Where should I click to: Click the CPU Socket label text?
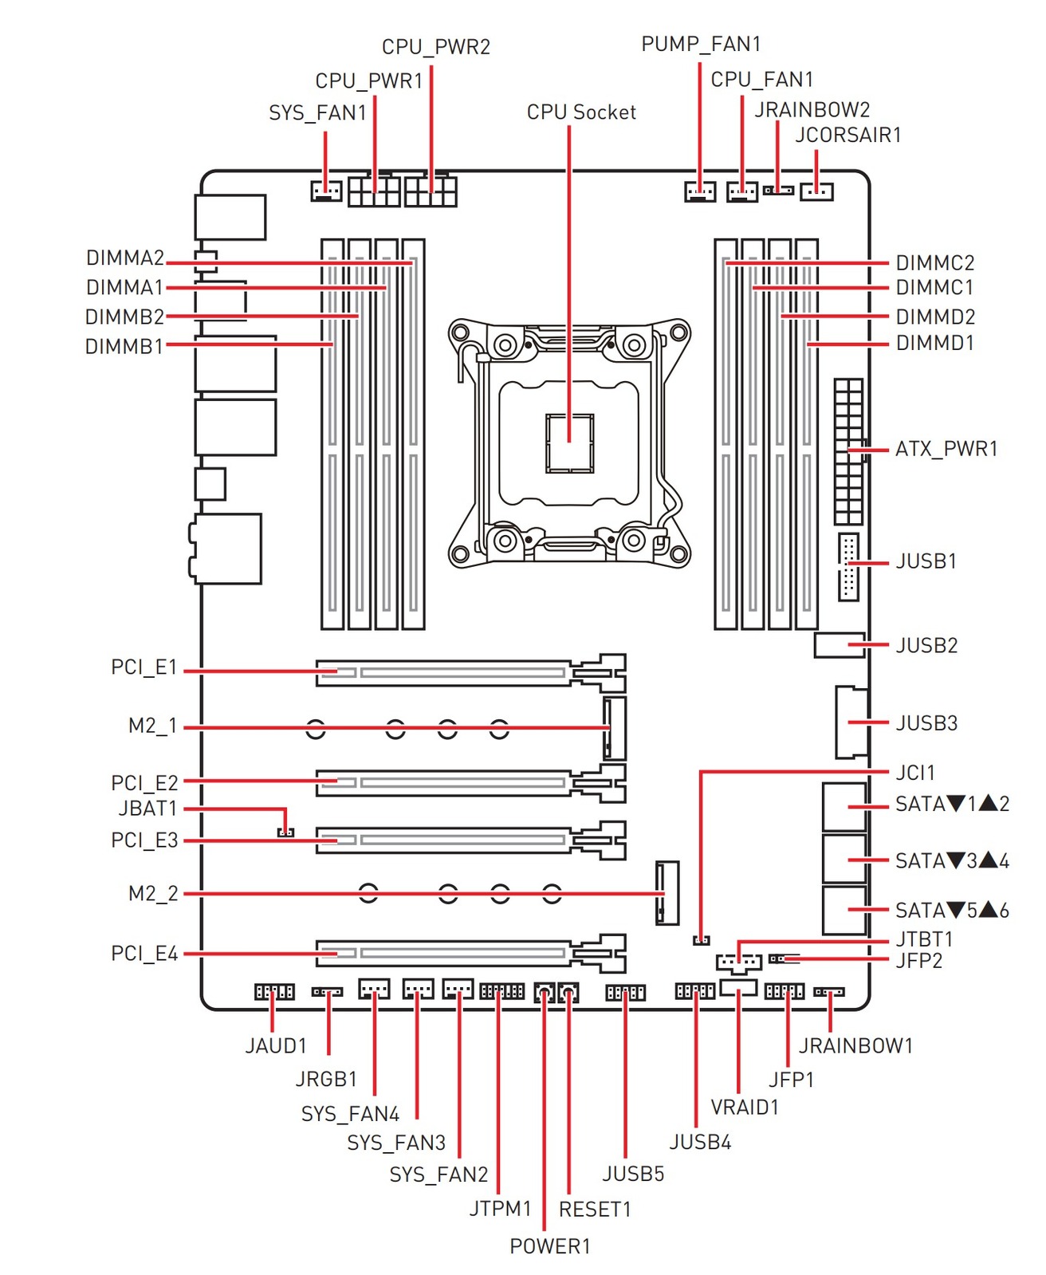pos(581,112)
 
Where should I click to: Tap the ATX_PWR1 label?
pos(946,449)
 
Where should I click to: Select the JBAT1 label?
pos(147,809)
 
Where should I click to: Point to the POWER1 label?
pos(550,1245)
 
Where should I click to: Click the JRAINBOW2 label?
pos(812,110)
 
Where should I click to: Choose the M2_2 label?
pos(153,894)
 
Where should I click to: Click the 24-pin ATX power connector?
pos(849,451)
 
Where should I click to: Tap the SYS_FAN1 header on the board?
pos(325,191)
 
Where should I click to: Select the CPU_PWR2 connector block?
pos(431,191)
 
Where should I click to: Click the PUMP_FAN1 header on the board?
pos(700,191)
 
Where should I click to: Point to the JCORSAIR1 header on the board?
pos(816,191)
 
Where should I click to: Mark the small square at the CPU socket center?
pos(570,443)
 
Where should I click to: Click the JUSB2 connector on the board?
pos(840,645)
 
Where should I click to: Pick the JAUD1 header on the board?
pos(274,992)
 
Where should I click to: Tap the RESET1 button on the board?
pos(568,993)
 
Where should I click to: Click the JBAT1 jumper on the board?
pos(285,832)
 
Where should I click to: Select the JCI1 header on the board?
pos(701,940)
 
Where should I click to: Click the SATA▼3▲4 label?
pos(952,861)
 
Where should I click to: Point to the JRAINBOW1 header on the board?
pos(828,992)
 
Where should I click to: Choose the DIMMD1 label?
pos(934,344)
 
